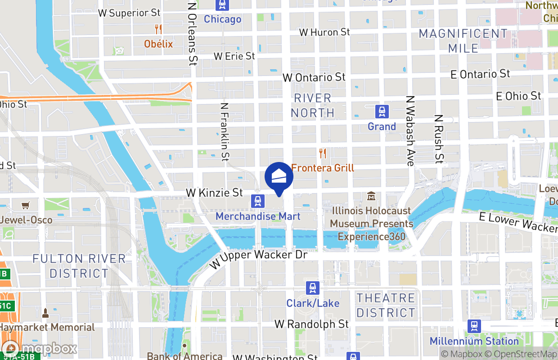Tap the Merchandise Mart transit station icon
(257, 201)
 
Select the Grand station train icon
(382, 111)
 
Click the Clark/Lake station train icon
(313, 288)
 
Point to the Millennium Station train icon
(474, 326)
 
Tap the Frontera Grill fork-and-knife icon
(322, 153)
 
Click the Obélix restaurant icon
(158, 29)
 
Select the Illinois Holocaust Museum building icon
(371, 196)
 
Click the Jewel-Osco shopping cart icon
(26, 205)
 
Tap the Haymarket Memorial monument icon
(45, 312)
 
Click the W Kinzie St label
(214, 193)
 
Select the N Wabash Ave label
(409, 130)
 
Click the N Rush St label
(439, 138)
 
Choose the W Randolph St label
(311, 324)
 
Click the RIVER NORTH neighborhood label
(312, 105)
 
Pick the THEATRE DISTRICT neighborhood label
(386, 305)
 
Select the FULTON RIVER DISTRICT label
(79, 266)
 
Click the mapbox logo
(40, 348)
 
